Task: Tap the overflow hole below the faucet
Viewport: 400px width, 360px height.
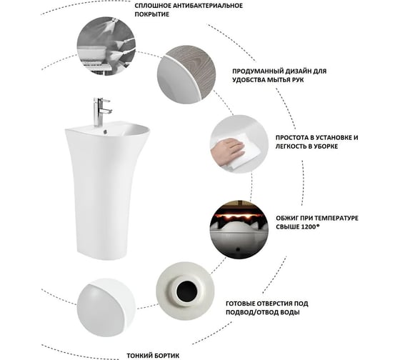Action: (x=105, y=131)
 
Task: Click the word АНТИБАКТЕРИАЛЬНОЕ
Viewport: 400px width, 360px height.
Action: (x=208, y=6)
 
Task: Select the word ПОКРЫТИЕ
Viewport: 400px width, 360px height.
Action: (x=151, y=14)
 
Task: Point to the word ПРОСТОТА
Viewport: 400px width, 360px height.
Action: (x=292, y=138)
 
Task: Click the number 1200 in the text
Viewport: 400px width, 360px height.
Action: (x=309, y=227)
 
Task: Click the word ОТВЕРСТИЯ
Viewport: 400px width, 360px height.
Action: (x=275, y=304)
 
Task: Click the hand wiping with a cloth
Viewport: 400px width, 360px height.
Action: (x=228, y=151)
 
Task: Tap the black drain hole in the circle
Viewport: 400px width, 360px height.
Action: (x=186, y=291)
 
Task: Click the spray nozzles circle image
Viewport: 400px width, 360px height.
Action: (x=106, y=46)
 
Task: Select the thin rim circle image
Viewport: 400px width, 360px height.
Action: (x=106, y=307)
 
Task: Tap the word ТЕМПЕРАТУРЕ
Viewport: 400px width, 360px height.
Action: (x=336, y=219)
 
